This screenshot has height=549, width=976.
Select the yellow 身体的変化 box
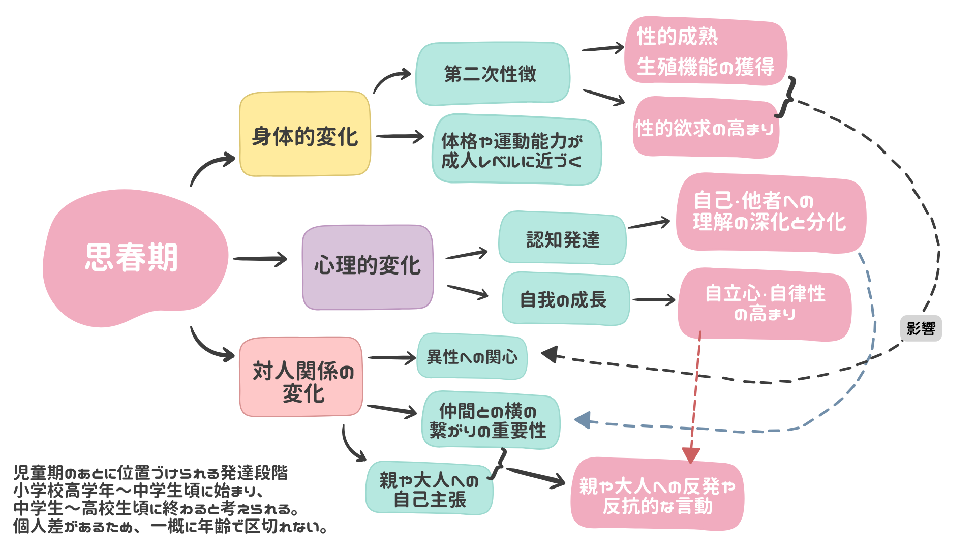click(305, 135)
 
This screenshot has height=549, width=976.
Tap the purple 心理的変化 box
click(368, 267)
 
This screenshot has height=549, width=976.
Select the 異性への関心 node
click(472, 357)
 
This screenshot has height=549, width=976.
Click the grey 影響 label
click(921, 328)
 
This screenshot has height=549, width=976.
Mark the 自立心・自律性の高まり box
click(765, 304)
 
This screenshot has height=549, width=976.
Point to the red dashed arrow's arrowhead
click(691, 455)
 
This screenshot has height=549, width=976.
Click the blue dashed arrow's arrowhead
click(583, 420)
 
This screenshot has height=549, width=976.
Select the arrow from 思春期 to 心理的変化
click(260, 259)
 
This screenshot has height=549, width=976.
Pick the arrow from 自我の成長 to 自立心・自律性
click(654, 300)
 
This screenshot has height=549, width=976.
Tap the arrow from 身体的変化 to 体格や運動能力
click(400, 136)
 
